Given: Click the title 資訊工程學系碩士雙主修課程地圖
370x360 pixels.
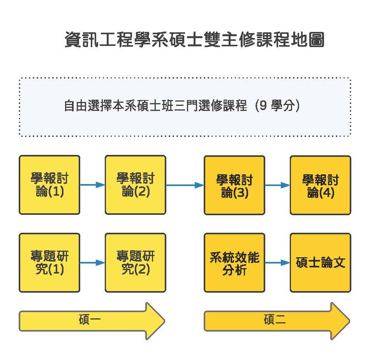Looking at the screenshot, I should coord(194,40).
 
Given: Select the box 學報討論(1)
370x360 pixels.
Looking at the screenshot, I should coord(49,185).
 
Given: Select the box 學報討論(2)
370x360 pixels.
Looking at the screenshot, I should coord(136,185).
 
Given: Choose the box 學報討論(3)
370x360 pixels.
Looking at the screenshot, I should coord(234,185).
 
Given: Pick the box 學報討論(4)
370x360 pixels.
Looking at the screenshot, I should coord(320,185).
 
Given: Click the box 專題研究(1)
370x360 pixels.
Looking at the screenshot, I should coord(49,263).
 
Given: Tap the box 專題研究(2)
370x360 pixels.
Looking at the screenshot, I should coord(136,263).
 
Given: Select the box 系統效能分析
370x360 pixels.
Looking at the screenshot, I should coord(234,263).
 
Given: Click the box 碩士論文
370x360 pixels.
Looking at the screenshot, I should coord(320,263).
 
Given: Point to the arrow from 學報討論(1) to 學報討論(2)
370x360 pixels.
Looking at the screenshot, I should coord(92,185).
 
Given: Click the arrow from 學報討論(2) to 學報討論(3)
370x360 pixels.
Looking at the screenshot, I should coord(185,185).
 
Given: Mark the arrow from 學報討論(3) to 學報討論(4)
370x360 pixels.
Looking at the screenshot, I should coord(277,185).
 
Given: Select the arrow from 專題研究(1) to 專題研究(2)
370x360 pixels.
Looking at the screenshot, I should coord(92,263).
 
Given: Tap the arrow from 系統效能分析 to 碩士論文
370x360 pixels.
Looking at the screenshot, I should coord(277,263).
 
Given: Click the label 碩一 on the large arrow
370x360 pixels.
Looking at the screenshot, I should coord(90,321).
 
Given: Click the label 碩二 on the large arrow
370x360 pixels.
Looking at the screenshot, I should coord(275,321).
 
